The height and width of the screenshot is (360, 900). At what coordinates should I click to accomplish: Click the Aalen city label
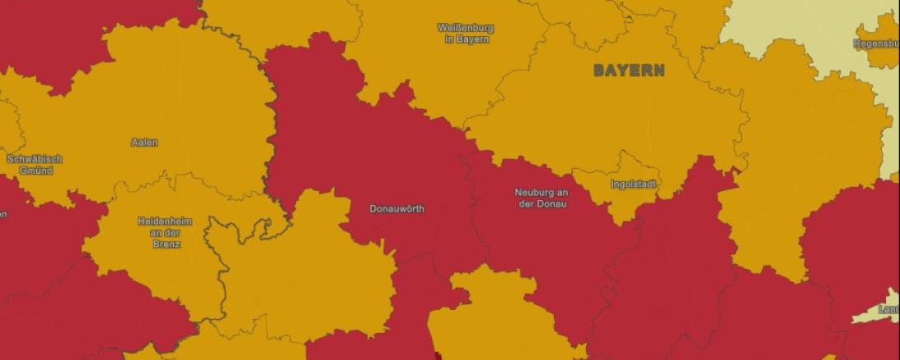point(144,143)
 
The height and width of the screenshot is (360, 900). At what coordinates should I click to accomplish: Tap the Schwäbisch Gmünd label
point(35,164)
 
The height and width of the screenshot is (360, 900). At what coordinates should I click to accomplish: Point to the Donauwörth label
point(397,208)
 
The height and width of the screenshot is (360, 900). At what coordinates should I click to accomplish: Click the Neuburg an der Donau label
point(541,198)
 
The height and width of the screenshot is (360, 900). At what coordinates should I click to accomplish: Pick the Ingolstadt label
point(634,184)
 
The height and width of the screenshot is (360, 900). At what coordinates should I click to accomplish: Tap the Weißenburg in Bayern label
point(466,33)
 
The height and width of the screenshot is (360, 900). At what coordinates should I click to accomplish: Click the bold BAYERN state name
point(629,71)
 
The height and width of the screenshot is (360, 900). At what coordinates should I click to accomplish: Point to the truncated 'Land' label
point(888,310)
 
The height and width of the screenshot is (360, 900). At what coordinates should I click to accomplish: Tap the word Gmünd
point(35,171)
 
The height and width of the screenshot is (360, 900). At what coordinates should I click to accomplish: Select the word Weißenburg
point(466,27)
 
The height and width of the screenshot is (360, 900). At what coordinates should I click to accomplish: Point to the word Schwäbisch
point(35,158)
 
